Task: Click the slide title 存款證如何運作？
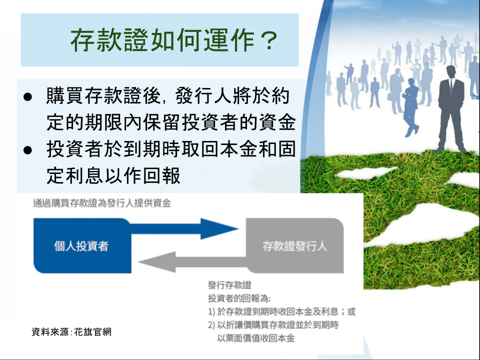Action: coord(174,40)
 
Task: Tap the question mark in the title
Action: coord(267,40)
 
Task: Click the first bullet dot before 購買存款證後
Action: coord(27,96)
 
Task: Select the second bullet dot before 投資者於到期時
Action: coord(27,150)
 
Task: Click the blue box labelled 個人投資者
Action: coord(82,245)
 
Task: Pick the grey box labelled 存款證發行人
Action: coord(295,245)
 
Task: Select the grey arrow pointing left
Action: coord(192,262)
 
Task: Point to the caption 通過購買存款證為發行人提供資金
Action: coord(102,203)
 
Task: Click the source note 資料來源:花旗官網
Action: coord(71,332)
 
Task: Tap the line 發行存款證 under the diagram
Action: coord(229,285)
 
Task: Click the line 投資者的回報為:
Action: coord(239,298)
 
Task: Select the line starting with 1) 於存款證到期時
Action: coord(281,311)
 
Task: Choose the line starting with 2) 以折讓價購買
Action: coord(273,325)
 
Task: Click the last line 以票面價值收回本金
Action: coord(255,338)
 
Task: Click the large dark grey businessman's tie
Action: coord(451,86)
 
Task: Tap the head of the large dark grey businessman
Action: coord(451,71)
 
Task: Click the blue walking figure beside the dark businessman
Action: coord(410,107)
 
